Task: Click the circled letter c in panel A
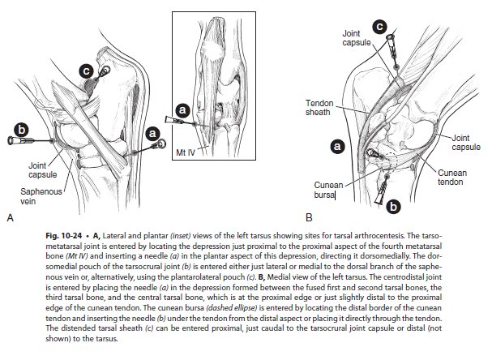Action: [86, 71]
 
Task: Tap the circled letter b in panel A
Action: [23, 129]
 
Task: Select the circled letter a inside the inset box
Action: [182, 108]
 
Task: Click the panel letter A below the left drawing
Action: [10, 217]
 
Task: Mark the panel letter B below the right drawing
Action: [309, 218]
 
